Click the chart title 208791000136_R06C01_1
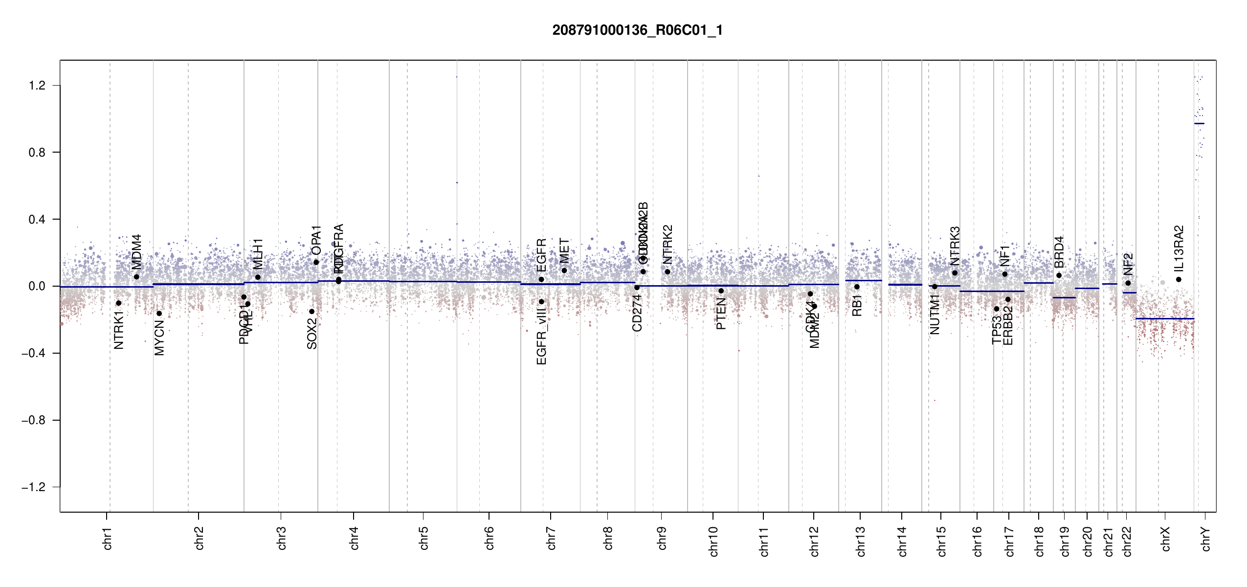point(637,30)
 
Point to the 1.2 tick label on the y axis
point(37,86)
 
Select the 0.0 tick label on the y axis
point(37,286)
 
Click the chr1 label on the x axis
point(108,538)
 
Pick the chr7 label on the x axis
point(551,538)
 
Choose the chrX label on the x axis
point(1166,539)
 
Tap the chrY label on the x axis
point(1206,539)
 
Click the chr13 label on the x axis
point(861,541)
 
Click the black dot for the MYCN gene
point(159,314)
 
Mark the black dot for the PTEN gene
point(721,291)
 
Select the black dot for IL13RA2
point(1179,280)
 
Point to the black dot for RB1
point(857,287)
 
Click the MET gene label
point(564,251)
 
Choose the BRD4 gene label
point(1059,252)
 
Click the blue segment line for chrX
point(1164,319)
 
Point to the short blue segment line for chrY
point(1199,124)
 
